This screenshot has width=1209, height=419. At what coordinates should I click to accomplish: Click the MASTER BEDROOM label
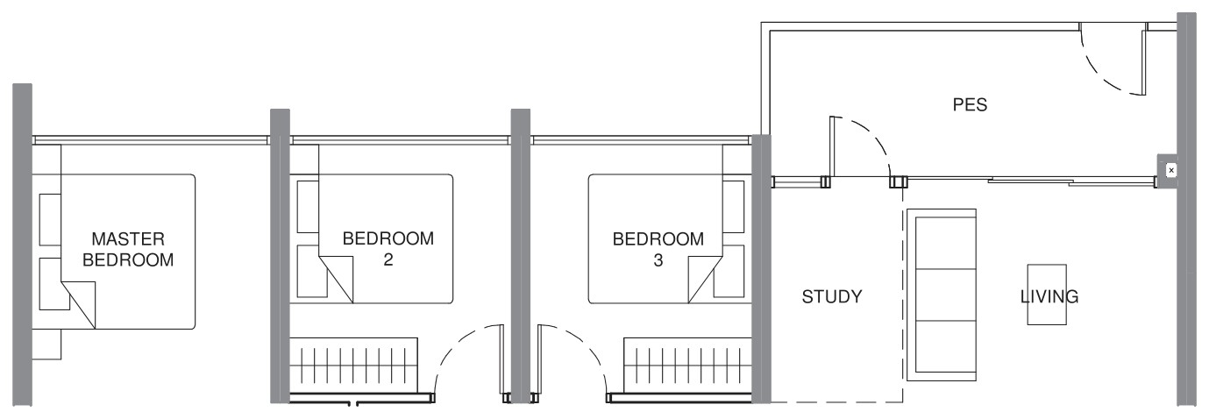(128, 249)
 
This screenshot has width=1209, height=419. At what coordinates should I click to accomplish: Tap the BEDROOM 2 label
(388, 249)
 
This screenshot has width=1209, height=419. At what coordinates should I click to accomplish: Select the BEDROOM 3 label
(658, 250)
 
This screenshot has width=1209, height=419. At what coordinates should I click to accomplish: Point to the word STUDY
(832, 296)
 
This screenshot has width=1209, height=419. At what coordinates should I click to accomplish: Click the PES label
(970, 104)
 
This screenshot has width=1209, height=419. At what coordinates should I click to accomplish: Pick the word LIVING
(1049, 296)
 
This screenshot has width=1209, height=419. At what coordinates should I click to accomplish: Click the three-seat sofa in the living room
(942, 295)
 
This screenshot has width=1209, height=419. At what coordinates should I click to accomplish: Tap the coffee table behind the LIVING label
(1047, 295)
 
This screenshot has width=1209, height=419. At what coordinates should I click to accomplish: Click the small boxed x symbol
(1171, 171)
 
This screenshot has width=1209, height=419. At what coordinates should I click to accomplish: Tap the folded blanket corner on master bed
(78, 305)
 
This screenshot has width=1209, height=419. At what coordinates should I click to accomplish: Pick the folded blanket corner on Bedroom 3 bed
(706, 279)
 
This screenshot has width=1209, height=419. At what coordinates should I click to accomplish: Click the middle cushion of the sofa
(942, 295)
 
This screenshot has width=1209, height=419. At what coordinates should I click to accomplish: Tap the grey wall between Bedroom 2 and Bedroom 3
(520, 256)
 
